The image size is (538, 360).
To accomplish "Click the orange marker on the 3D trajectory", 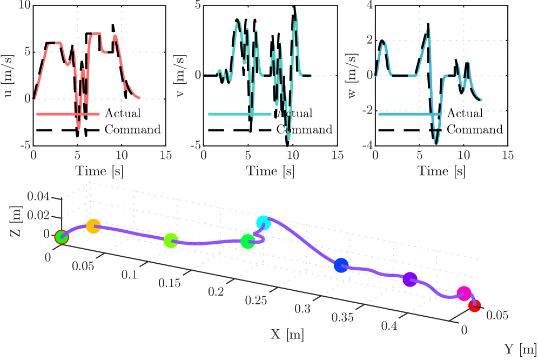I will (x=93, y=226).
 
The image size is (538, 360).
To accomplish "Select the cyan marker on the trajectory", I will (x=263, y=222).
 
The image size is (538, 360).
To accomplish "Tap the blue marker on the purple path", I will (x=341, y=265).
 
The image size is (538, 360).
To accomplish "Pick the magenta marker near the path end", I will (x=463, y=294).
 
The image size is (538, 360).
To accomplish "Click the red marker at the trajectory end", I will (x=474, y=306).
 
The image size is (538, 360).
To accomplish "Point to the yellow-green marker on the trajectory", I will (x=171, y=241).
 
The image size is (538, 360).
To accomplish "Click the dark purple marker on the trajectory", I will (x=410, y=279).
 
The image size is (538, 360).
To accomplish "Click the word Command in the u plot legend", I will (x=132, y=130).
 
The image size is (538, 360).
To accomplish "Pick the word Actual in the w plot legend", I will (x=465, y=114).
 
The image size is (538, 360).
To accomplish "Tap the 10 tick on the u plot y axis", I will (x=23, y=5).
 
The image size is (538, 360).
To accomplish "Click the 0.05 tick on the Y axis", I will (x=497, y=314).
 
